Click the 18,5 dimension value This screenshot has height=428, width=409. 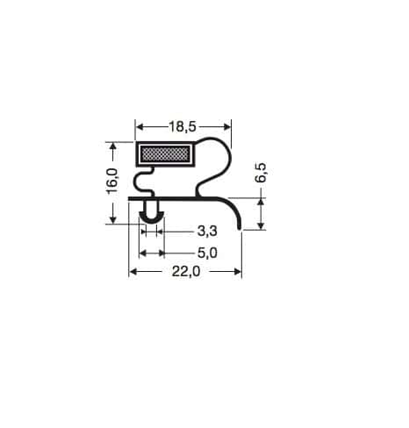(x=183, y=127)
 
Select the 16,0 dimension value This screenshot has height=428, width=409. (x=112, y=181)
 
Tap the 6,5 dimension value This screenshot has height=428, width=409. (x=261, y=173)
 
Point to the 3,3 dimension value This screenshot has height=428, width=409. (x=207, y=232)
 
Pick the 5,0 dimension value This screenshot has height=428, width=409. (x=207, y=253)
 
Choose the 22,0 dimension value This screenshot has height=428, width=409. (x=186, y=272)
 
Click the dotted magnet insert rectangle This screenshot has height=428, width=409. (x=165, y=154)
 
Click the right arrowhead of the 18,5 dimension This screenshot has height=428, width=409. (x=226, y=127)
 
